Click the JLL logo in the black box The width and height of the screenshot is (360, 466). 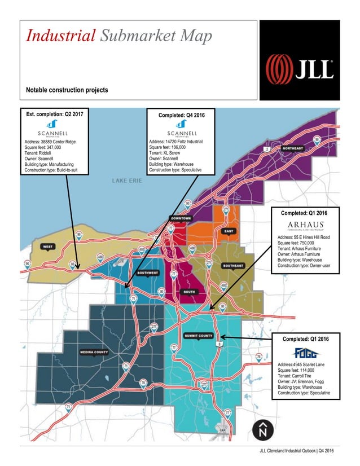tap(300, 68)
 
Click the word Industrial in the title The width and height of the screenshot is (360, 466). tap(60, 37)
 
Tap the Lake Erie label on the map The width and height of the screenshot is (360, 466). tap(128, 181)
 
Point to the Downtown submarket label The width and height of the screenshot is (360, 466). tap(181, 218)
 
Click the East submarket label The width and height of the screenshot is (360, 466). tap(229, 231)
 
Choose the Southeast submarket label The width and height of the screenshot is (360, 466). tap(232, 266)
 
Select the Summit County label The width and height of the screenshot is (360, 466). tap(199, 335)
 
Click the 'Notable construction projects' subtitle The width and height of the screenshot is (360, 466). tap(67, 90)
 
